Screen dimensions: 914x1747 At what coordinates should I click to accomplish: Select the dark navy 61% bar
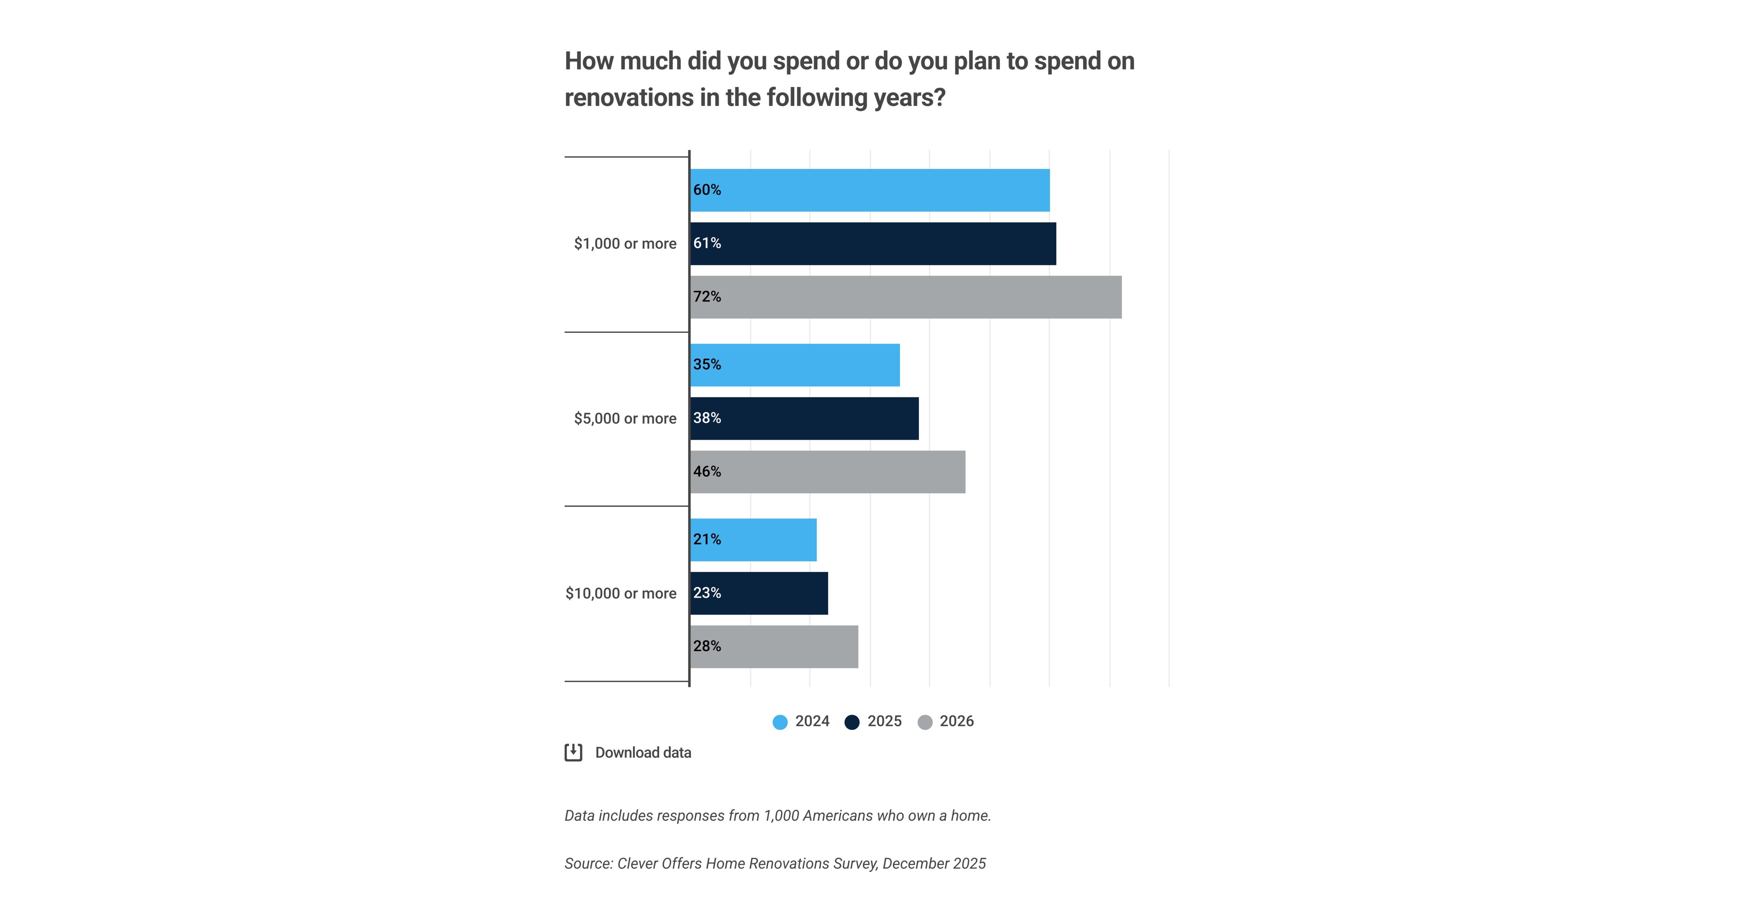[x=873, y=243]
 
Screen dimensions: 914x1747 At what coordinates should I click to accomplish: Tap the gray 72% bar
[x=906, y=297]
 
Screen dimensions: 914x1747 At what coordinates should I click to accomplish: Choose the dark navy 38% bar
[x=804, y=418]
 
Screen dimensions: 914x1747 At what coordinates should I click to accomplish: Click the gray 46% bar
[x=827, y=472]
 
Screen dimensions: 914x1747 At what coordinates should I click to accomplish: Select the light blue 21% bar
[x=753, y=540]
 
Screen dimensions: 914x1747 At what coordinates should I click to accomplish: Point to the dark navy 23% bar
[x=759, y=593]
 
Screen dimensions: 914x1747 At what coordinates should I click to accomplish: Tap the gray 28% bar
[x=774, y=647]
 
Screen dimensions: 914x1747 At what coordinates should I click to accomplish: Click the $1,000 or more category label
[x=625, y=243]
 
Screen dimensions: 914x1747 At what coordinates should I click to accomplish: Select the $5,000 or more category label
[x=625, y=418]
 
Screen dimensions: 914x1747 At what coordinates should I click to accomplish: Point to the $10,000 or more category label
[x=621, y=593]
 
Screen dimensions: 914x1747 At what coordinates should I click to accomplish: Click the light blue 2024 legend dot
[x=780, y=722]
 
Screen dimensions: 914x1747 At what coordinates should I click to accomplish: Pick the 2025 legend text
[x=885, y=721]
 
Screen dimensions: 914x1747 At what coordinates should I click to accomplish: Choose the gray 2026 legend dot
[x=924, y=722]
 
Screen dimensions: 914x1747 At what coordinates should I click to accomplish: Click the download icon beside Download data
[x=573, y=752]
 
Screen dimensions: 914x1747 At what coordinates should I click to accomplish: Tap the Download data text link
[x=643, y=752]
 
